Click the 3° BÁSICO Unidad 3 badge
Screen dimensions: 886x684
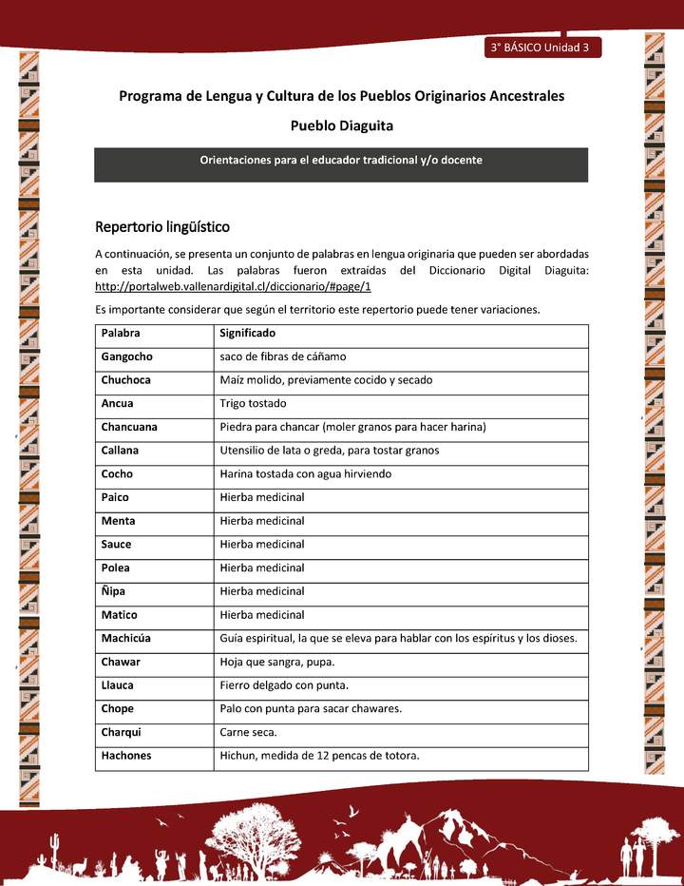[x=541, y=48]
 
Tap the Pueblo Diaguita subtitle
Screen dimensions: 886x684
[x=341, y=125]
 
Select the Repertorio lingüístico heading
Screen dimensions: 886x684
[x=162, y=227]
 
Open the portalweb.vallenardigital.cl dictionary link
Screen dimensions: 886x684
[x=233, y=286]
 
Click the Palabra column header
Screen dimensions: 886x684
[x=121, y=334]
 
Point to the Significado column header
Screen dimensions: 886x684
[x=247, y=334]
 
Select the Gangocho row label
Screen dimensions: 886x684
[x=126, y=356]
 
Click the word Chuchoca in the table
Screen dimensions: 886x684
[x=125, y=380]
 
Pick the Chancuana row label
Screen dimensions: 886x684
[x=129, y=427]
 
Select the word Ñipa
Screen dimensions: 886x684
[x=114, y=591]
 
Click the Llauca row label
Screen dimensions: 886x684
[x=117, y=685]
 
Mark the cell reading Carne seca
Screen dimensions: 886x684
[x=249, y=733]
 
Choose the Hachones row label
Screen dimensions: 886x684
[x=126, y=756]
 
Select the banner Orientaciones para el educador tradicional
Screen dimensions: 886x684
[x=340, y=161]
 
